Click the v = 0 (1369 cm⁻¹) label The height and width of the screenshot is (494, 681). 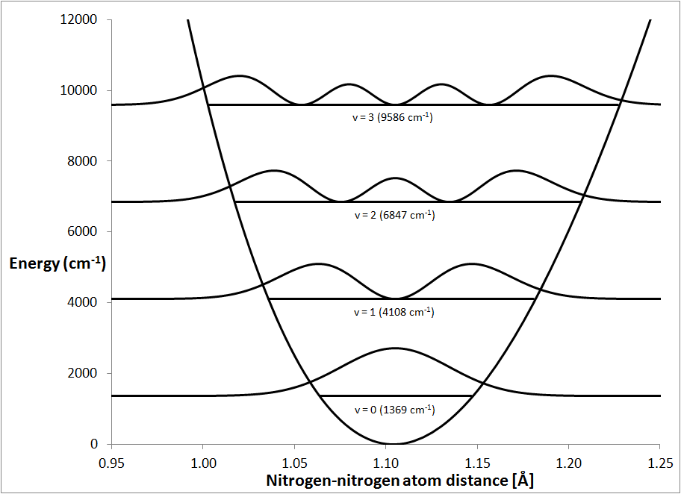pos(394,410)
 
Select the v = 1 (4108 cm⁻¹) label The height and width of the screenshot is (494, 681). pos(394,312)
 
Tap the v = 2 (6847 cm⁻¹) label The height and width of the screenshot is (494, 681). pos(394,215)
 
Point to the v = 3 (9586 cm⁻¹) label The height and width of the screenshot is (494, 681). pos(394,117)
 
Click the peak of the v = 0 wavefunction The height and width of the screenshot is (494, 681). pos(394,348)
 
